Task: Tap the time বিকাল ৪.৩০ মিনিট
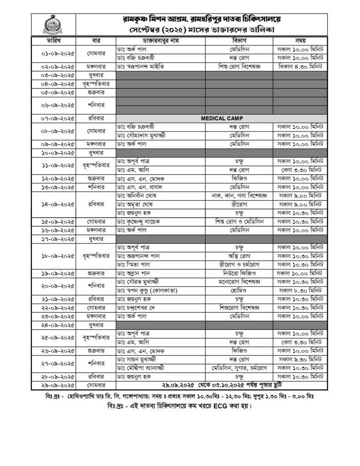[299, 66]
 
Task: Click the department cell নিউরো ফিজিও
[239, 274]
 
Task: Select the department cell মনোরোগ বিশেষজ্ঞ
[239, 283]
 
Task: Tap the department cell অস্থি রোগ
[239, 256]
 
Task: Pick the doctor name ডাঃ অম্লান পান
[135, 274]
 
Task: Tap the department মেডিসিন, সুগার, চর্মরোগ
[239, 367]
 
